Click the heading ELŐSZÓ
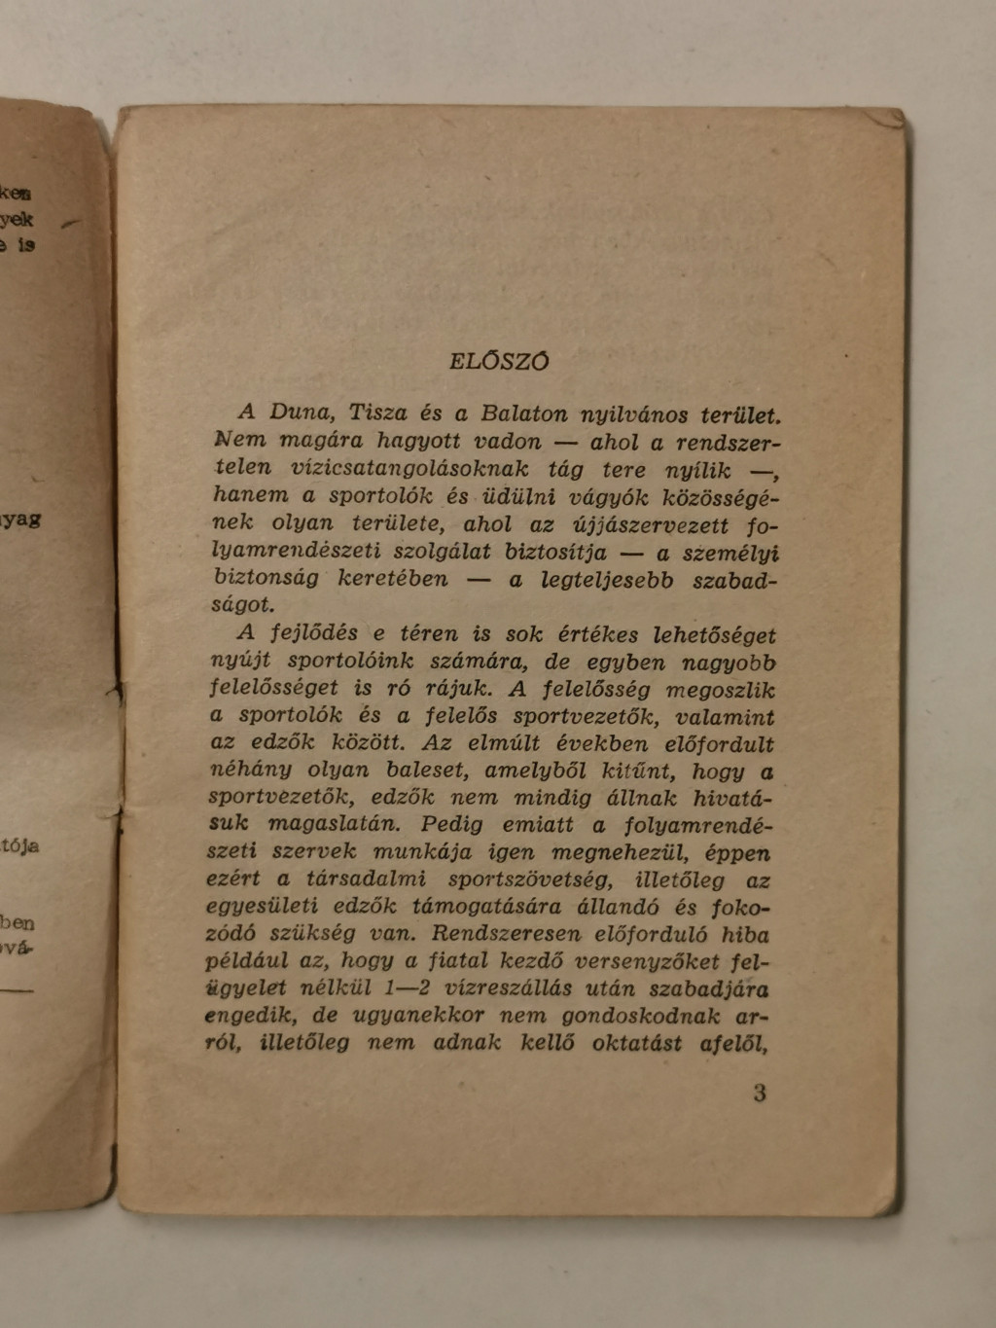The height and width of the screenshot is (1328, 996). [x=499, y=361]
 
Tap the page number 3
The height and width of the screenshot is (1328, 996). [x=760, y=1093]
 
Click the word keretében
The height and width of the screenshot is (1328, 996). [x=393, y=579]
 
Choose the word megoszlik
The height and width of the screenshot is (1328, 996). [x=721, y=690]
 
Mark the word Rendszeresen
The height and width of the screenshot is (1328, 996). [x=506, y=934]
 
